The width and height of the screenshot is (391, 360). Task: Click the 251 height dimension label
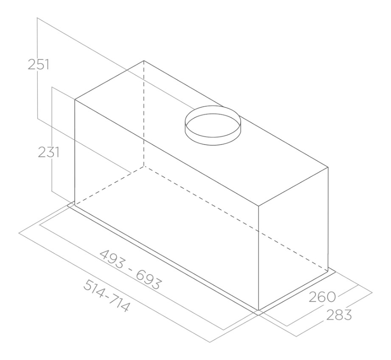(x=38, y=65)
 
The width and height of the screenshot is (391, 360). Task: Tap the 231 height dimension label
(x=49, y=152)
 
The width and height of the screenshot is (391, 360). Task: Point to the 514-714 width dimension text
(x=107, y=295)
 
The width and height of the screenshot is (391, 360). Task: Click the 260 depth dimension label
(x=322, y=297)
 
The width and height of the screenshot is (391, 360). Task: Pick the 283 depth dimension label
(x=339, y=315)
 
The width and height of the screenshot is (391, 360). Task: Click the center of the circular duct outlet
(x=213, y=125)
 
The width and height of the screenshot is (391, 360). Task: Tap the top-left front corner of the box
(x=75, y=99)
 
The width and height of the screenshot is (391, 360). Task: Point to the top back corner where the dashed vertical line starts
(x=144, y=61)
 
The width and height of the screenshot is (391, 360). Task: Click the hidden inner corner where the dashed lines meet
(x=144, y=166)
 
